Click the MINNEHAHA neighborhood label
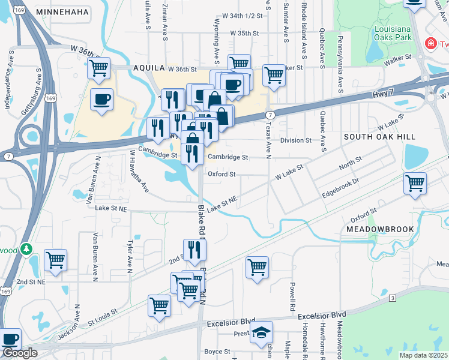[x=62, y=12]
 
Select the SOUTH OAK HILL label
[x=379, y=137]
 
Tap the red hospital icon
[x=429, y=44]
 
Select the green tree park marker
[x=26, y=248]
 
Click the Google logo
[x=20, y=353]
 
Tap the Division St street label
[x=297, y=140]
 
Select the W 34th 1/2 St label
[x=243, y=16]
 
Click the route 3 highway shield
[x=392, y=298]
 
